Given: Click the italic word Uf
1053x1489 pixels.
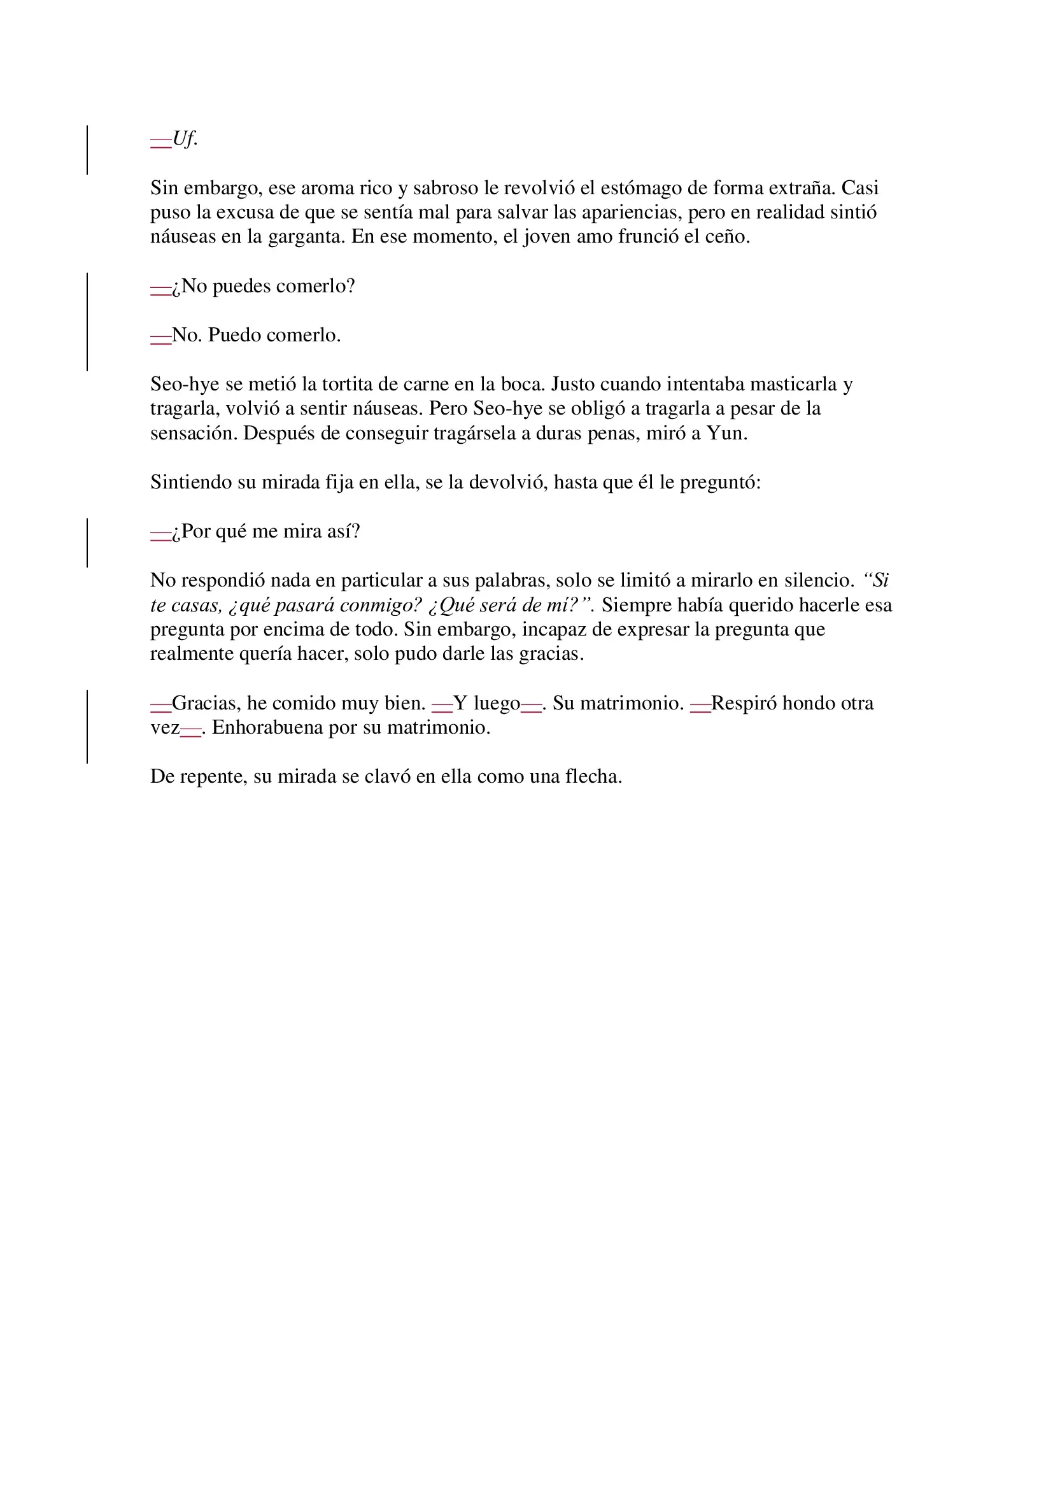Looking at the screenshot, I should click(185, 139).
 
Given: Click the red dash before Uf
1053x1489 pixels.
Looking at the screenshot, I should click(161, 141).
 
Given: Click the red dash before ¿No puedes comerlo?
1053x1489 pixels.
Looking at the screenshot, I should click(161, 288).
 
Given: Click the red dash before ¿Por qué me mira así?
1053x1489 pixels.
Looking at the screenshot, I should click(161, 533).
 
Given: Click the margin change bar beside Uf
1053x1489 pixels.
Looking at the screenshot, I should click(87, 150).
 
